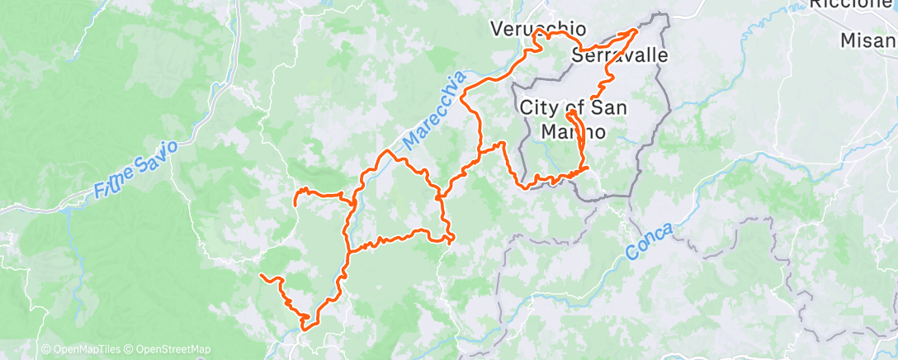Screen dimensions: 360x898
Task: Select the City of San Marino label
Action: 574,119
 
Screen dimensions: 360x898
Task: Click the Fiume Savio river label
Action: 136,170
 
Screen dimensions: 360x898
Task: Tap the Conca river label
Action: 651,240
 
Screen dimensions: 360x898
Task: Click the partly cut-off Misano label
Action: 868,40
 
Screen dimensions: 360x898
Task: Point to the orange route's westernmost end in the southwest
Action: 261,274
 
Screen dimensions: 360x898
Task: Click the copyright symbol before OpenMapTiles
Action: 45,349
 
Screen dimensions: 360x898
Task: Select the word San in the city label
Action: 608,107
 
